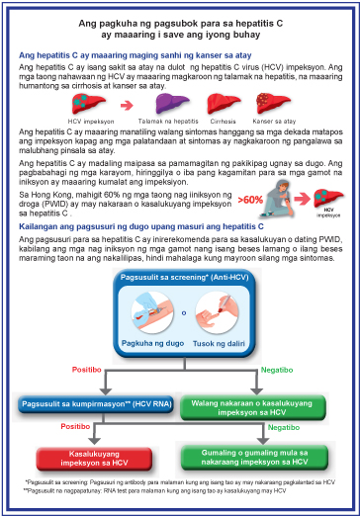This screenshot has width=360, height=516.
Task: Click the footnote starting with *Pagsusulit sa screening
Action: tap(178, 481)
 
